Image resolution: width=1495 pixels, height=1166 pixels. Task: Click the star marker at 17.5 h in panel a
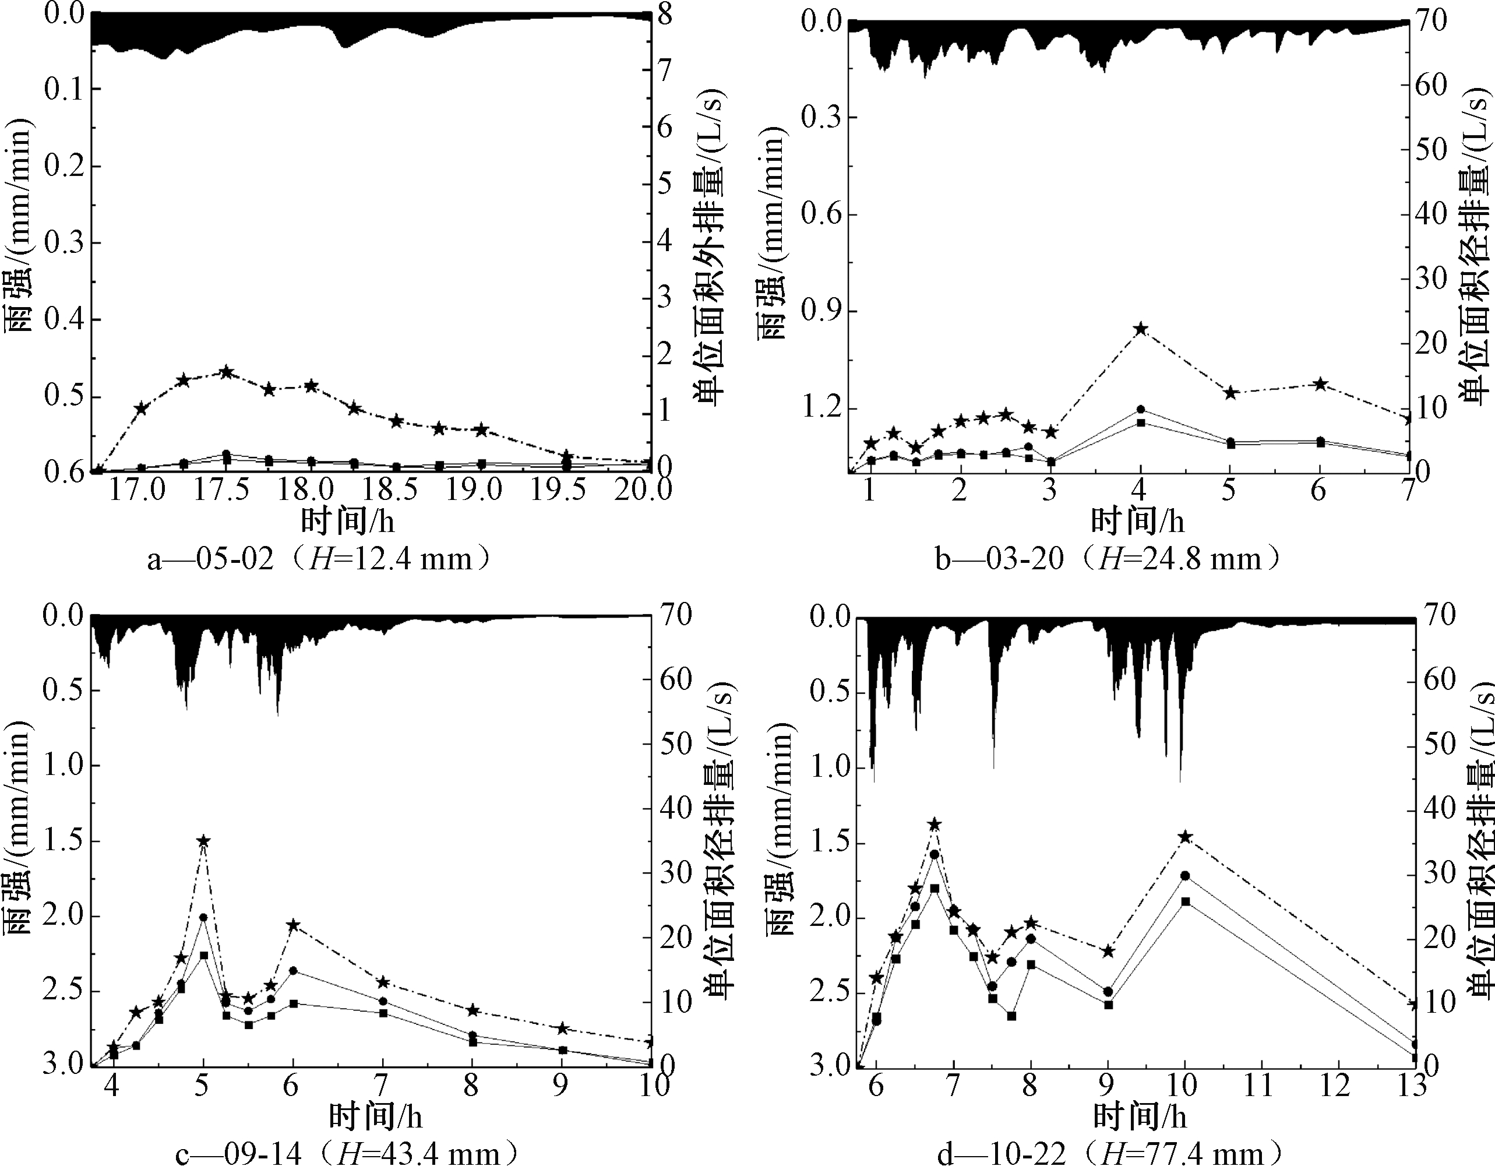[227, 372]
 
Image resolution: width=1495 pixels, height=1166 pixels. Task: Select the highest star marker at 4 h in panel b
[1140, 329]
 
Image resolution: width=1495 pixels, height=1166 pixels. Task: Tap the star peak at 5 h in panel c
[203, 841]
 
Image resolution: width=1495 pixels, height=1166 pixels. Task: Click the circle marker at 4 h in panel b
[1140, 410]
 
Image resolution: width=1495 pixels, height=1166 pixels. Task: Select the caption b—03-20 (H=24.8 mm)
[1108, 559]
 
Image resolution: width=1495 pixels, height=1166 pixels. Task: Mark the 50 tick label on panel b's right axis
[1433, 150]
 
